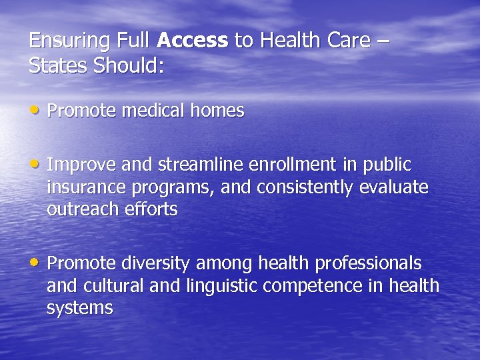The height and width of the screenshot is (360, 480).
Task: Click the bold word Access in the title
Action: [x=193, y=41]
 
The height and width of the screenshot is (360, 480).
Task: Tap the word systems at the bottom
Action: [x=79, y=308]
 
